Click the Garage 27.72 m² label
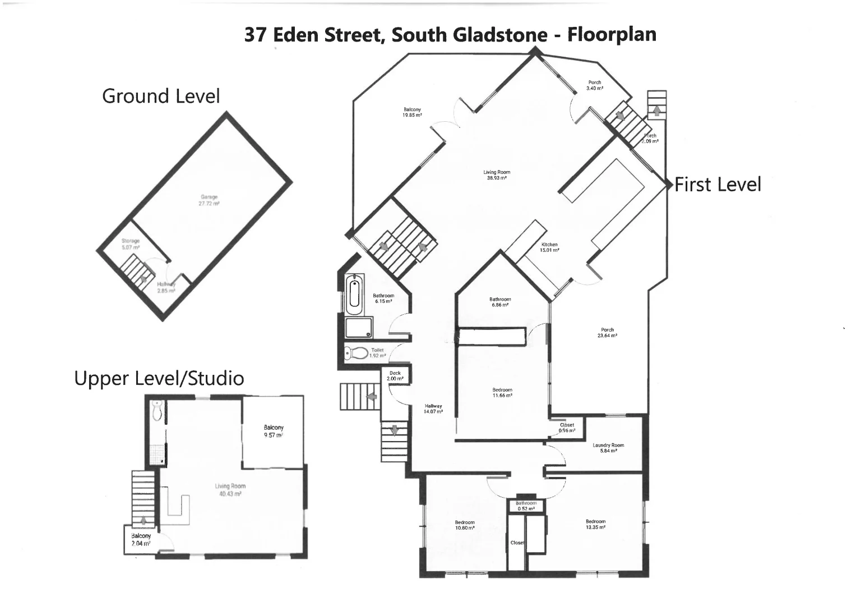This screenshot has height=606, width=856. (209, 200)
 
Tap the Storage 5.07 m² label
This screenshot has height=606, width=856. (131, 244)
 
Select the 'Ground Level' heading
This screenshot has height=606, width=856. (161, 96)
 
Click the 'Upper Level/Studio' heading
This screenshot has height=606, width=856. (159, 378)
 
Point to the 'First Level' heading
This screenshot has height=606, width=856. (718, 185)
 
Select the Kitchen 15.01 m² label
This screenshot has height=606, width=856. (549, 247)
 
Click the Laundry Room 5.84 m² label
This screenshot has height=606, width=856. (608, 448)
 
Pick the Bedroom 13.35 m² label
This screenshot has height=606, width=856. (595, 524)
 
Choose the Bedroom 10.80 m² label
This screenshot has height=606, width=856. (465, 525)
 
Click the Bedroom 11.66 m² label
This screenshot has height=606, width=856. (502, 392)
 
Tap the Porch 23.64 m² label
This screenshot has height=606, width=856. (607, 333)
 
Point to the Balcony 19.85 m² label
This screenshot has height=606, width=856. (412, 112)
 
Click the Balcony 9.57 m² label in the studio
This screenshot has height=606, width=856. (274, 431)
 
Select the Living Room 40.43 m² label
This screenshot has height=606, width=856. (230, 490)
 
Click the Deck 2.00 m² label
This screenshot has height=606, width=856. (395, 376)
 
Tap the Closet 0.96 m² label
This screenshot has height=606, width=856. (567, 428)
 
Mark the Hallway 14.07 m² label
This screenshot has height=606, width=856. (433, 408)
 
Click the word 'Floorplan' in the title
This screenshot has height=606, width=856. (612, 34)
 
